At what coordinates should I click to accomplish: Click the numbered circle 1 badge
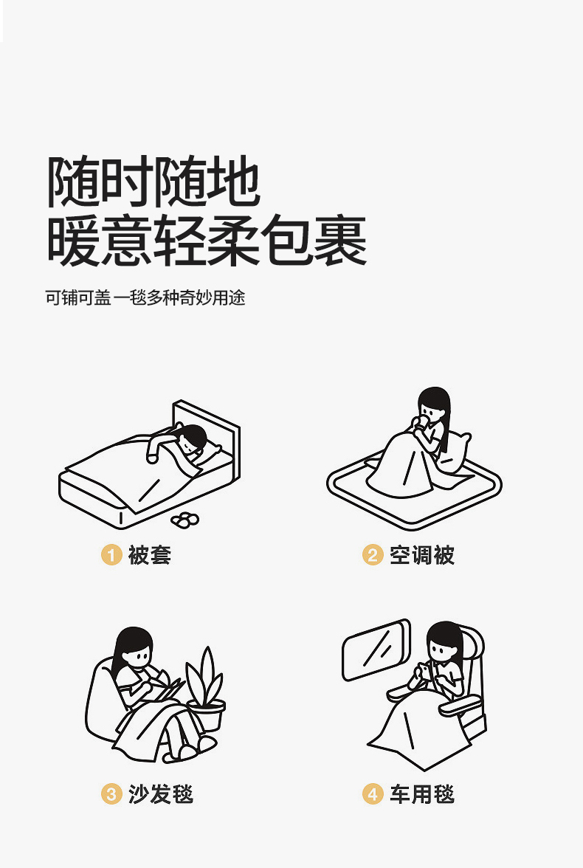[x=111, y=555]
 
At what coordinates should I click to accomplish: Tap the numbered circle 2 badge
[x=373, y=555]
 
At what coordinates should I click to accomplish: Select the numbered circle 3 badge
[x=111, y=794]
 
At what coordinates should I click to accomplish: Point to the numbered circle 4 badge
[x=373, y=794]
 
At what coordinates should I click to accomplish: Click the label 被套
[x=150, y=555]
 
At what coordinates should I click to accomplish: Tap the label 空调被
[x=422, y=555]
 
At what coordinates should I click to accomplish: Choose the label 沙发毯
[x=161, y=794]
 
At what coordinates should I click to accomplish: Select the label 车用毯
[x=422, y=794]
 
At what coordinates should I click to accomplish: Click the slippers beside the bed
[x=185, y=520]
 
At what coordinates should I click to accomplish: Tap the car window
[x=376, y=650]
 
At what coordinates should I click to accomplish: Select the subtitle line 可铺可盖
[x=78, y=298]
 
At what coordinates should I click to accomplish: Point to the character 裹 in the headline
[x=340, y=241]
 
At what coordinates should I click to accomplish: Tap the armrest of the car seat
[x=460, y=705]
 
